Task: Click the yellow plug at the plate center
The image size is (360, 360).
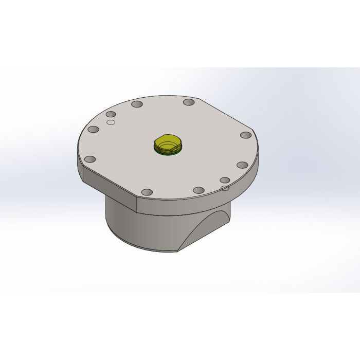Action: pyautogui.click(x=168, y=143)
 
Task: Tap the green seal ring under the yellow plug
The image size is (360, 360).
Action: pyautogui.click(x=168, y=151)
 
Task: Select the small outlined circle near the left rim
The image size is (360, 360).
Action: pyautogui.click(x=110, y=122)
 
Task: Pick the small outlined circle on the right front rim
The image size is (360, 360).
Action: pyautogui.click(x=224, y=188)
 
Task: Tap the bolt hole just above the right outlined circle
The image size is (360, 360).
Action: pyautogui.click(x=225, y=180)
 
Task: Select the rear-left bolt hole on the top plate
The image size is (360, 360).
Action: pyautogui.click(x=137, y=104)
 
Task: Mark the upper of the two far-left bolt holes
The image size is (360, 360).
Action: pyautogui.click(x=93, y=130)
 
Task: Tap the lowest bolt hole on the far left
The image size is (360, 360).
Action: pyautogui.click(x=89, y=159)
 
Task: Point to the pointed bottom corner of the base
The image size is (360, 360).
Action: pyautogui.click(x=177, y=250)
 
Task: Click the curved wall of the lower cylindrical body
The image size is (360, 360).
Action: pyautogui.click(x=134, y=226)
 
